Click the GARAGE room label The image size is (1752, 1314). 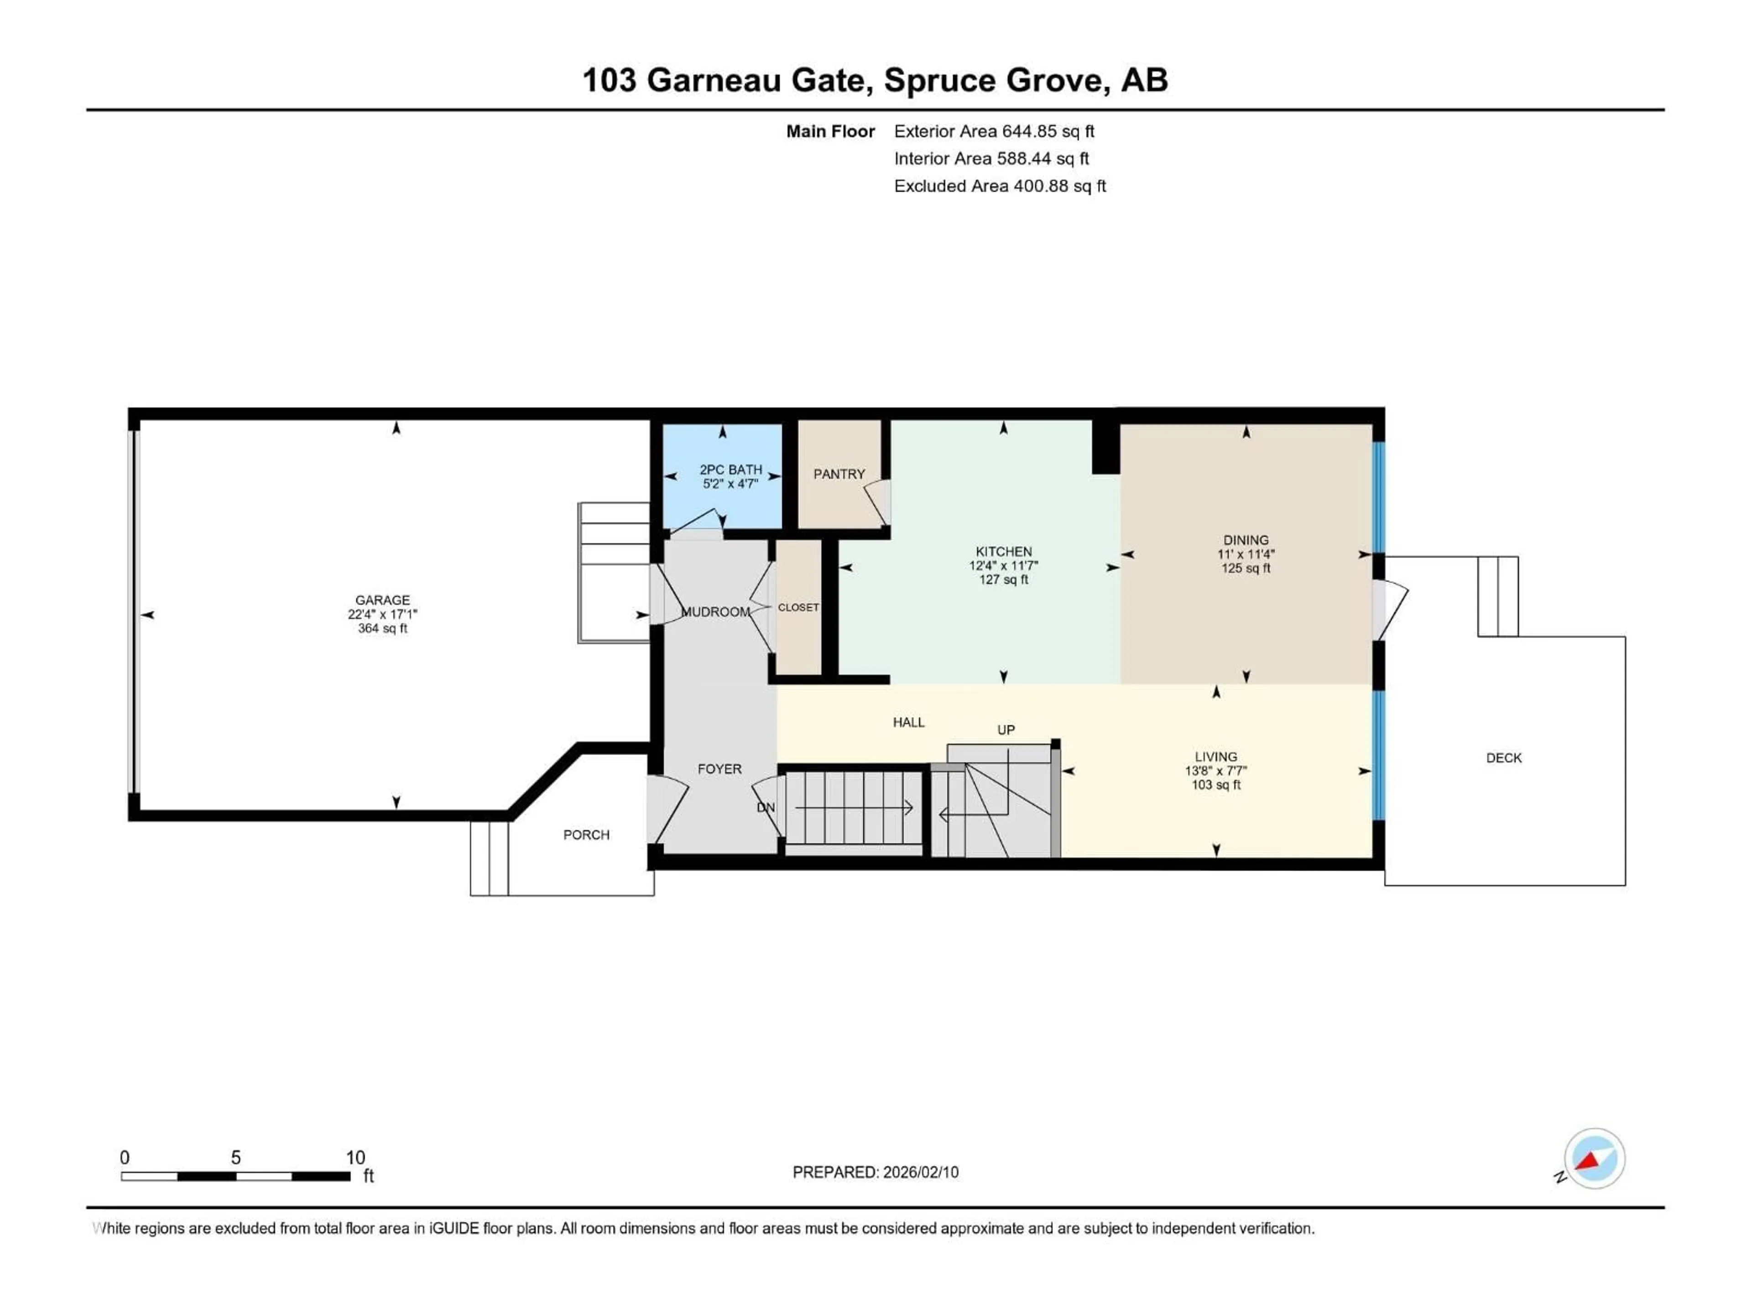tap(382, 600)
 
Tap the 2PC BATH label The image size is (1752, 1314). tap(730, 469)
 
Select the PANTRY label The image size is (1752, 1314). tap(839, 474)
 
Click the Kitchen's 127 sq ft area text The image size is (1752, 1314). tap(1003, 580)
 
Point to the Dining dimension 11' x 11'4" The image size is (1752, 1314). tap(1246, 554)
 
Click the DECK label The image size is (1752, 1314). tap(1503, 758)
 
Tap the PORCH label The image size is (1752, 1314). tap(586, 835)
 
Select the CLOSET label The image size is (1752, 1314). tap(798, 608)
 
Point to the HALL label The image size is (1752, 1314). tap(908, 722)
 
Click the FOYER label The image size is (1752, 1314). tap(719, 769)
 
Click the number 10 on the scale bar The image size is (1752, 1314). tap(355, 1157)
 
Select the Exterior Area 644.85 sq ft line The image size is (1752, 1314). tap(994, 131)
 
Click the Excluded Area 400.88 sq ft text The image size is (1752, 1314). tap(1000, 186)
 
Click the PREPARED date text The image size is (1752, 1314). tap(875, 1172)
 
